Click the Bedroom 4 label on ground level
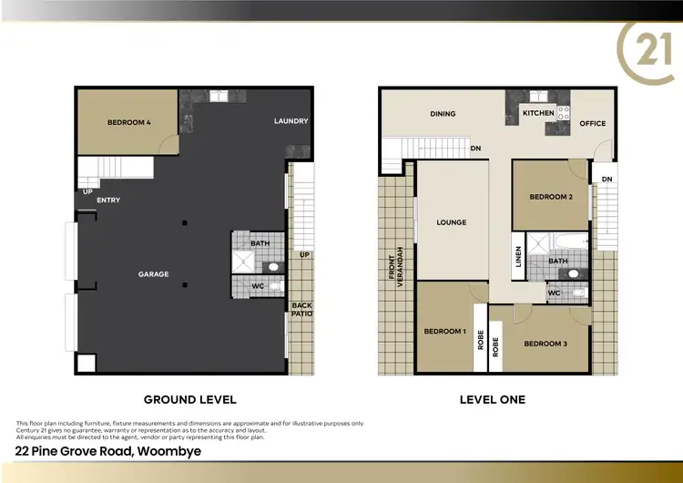tap(128, 121)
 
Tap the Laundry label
tap(291, 121)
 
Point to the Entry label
tap(107, 200)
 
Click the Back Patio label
tap(301, 309)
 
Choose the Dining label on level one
tap(443, 114)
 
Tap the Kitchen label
tap(537, 113)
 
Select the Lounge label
tap(451, 222)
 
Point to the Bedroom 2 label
tap(551, 197)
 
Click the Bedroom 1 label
tap(444, 331)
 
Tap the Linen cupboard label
tap(518, 257)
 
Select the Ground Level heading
tap(190, 399)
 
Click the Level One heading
tap(492, 399)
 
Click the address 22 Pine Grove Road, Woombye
tap(108, 451)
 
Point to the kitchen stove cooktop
tap(563, 113)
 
